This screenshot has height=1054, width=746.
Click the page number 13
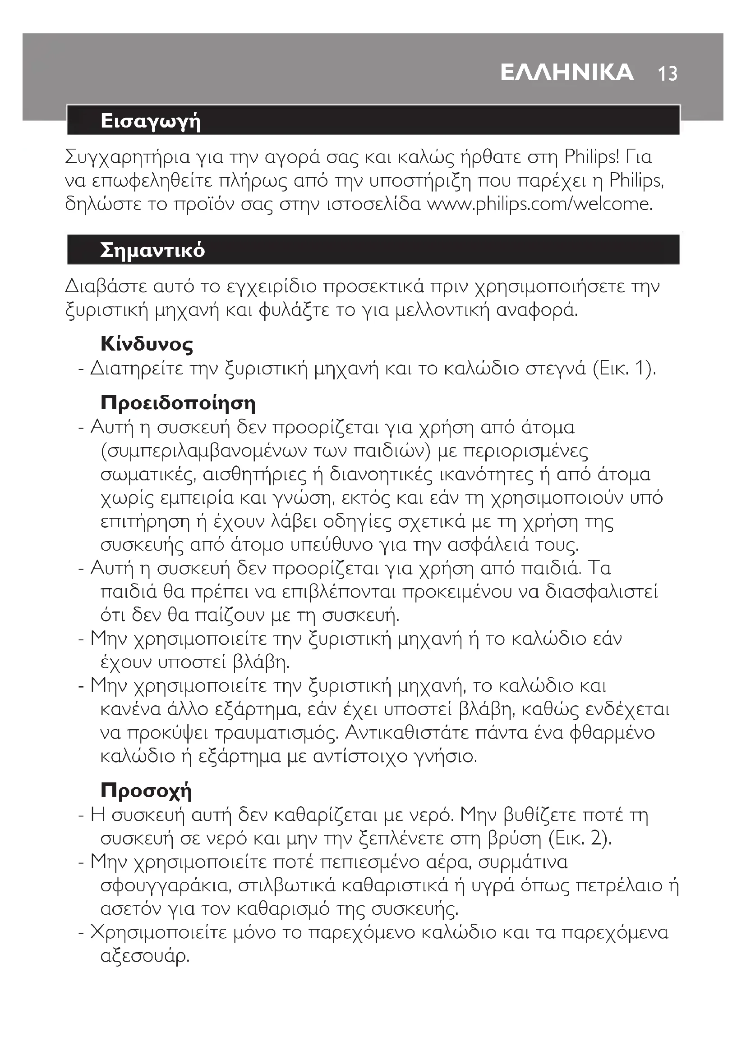[x=668, y=73]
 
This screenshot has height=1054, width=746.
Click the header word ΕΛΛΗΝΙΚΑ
[x=567, y=73]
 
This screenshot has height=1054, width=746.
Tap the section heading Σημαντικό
[x=152, y=250]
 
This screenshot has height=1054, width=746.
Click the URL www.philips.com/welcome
[x=540, y=204]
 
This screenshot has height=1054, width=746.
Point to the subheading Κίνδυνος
[x=147, y=344]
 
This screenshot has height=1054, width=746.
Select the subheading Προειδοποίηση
[x=178, y=402]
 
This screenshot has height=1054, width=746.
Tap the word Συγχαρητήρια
[x=127, y=157]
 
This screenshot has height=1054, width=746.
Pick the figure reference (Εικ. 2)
[x=580, y=839]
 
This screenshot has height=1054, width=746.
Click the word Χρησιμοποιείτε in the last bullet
[x=158, y=933]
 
